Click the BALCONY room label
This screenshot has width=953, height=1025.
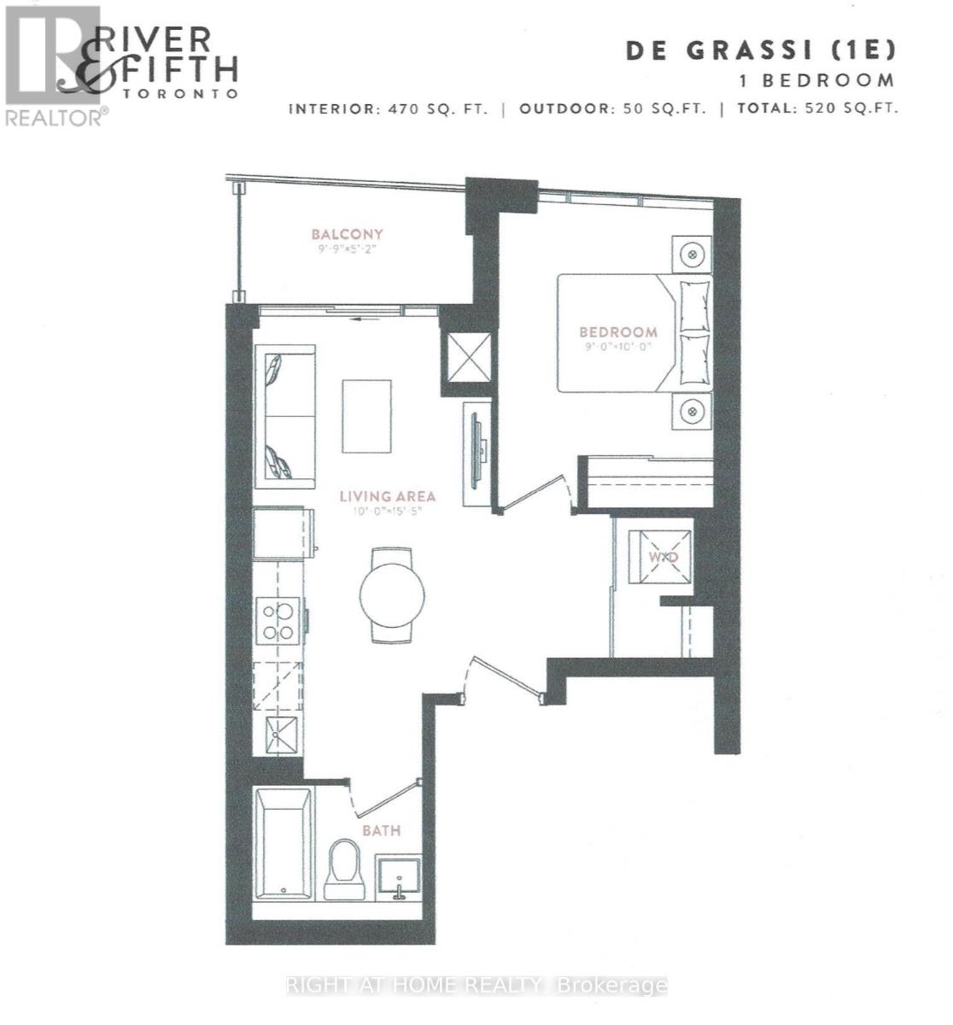point(347,234)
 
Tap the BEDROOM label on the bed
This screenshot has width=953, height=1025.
point(618,332)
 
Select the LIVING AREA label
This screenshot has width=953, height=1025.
point(388,496)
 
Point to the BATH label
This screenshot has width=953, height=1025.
point(381,829)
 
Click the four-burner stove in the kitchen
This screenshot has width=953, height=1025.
point(278,622)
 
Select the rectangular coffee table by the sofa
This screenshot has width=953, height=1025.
point(367,416)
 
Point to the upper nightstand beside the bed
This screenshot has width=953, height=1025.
point(692,255)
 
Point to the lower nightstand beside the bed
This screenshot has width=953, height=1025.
point(692,413)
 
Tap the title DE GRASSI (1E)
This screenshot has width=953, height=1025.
point(762,50)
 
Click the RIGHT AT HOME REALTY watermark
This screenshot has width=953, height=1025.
point(476,985)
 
